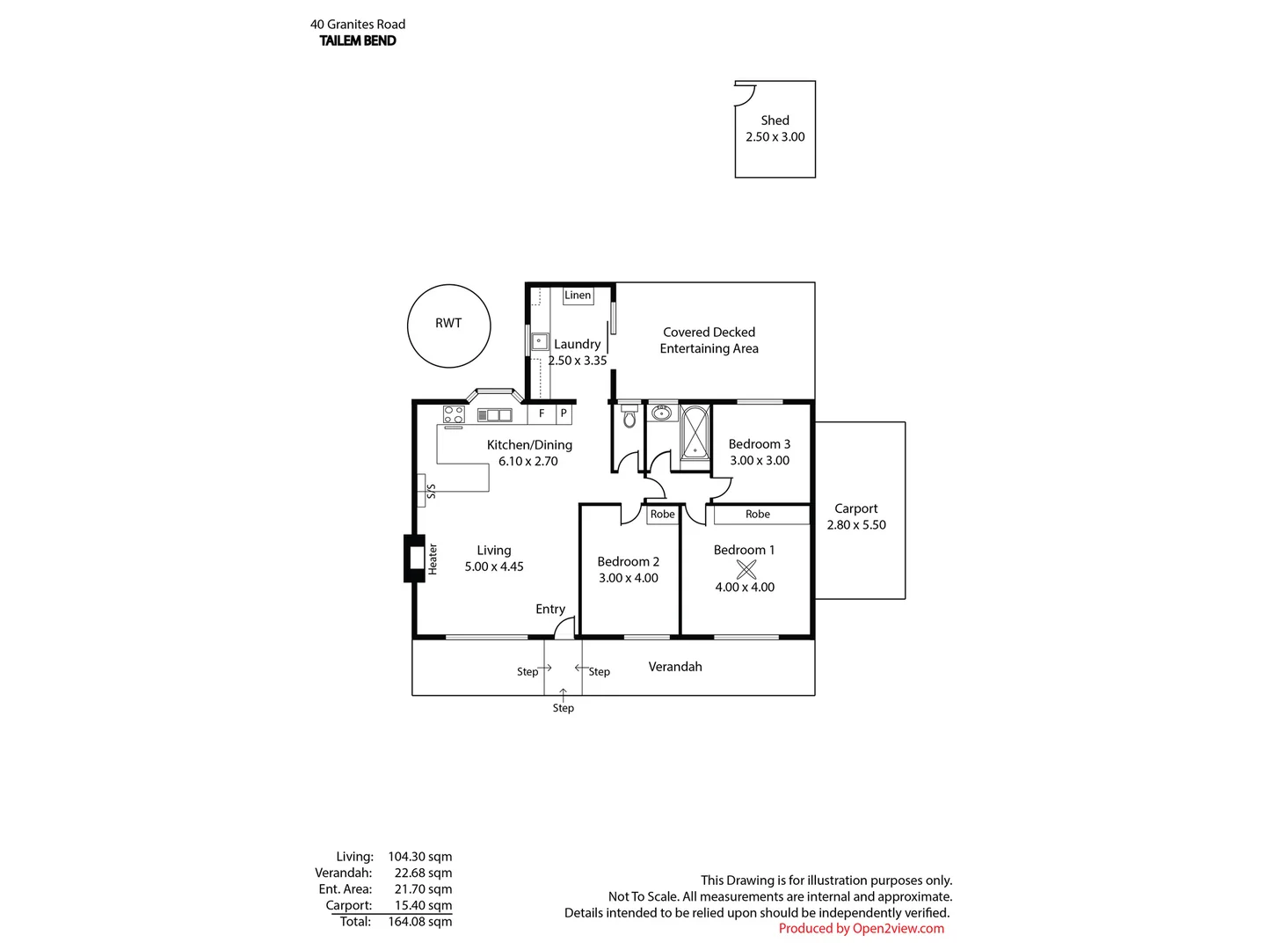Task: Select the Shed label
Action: [x=775, y=121]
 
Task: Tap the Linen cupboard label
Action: [x=578, y=296]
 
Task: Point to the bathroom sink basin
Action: [x=662, y=413]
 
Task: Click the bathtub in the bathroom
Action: [x=695, y=433]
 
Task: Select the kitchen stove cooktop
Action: [x=454, y=414]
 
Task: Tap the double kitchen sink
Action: [x=494, y=415]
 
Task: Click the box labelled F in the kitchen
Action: [x=542, y=413]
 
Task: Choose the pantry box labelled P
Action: [x=564, y=413]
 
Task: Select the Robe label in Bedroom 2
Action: [x=663, y=515]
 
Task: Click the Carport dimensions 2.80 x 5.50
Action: [x=855, y=525]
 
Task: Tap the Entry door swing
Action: [x=564, y=627]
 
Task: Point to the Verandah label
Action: [x=675, y=667]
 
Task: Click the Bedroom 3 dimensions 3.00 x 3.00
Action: [x=760, y=460]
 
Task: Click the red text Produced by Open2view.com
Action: [x=861, y=928]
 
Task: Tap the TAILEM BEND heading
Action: [x=358, y=40]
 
